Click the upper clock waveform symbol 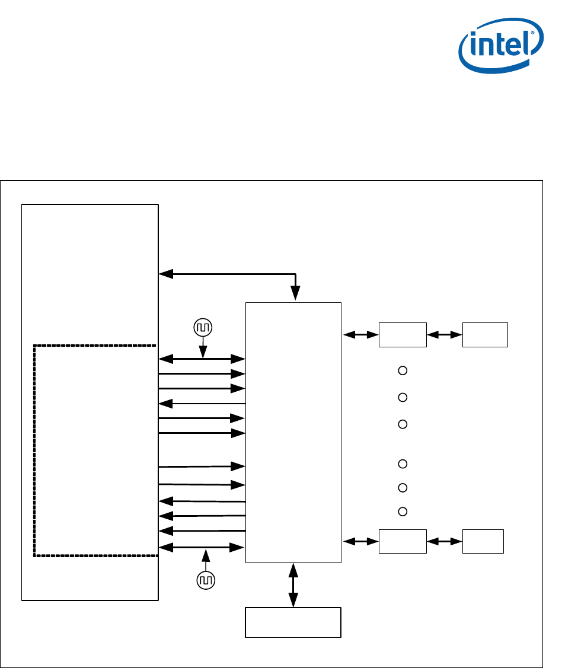coord(203,327)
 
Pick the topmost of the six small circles coord(402,371)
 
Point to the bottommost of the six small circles coord(402,511)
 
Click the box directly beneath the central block coord(293,622)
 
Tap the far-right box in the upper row coord(485,335)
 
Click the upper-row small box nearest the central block coord(403,335)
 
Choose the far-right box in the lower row coord(483,541)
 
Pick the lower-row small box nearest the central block coord(403,541)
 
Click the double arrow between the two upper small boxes coord(445,335)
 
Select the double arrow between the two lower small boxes coord(445,541)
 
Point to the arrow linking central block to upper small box coord(361,335)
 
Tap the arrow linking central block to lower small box coord(361,541)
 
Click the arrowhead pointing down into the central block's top coord(295,294)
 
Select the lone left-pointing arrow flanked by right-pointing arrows coord(202,404)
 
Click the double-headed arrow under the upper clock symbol coord(202,359)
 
